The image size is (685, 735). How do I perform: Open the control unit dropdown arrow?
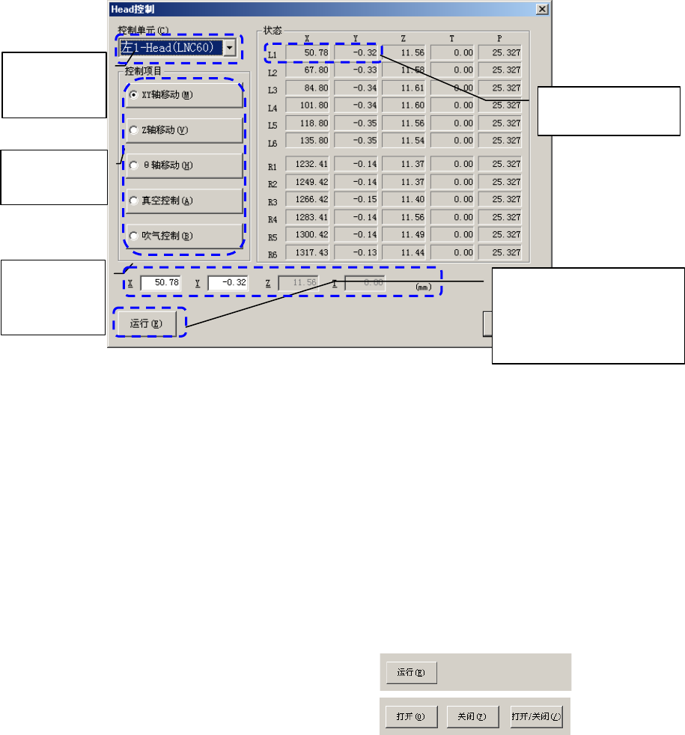231,48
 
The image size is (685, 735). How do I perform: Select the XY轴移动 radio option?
133,95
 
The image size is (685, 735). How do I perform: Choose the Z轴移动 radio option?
133,130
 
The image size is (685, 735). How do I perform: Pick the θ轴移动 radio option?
133,165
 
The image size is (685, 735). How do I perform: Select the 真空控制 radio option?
133,201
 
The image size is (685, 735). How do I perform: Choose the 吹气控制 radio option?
133,236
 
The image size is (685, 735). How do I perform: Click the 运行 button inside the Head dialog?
146,323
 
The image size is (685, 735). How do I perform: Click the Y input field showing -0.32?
227,284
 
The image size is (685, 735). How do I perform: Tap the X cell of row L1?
308,52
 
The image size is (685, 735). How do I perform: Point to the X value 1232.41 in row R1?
308,164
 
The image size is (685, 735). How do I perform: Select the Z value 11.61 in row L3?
404,88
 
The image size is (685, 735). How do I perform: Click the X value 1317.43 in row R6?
308,252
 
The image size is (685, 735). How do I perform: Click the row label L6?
273,142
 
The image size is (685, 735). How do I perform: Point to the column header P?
499,37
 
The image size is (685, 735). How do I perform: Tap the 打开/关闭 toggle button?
536,716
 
